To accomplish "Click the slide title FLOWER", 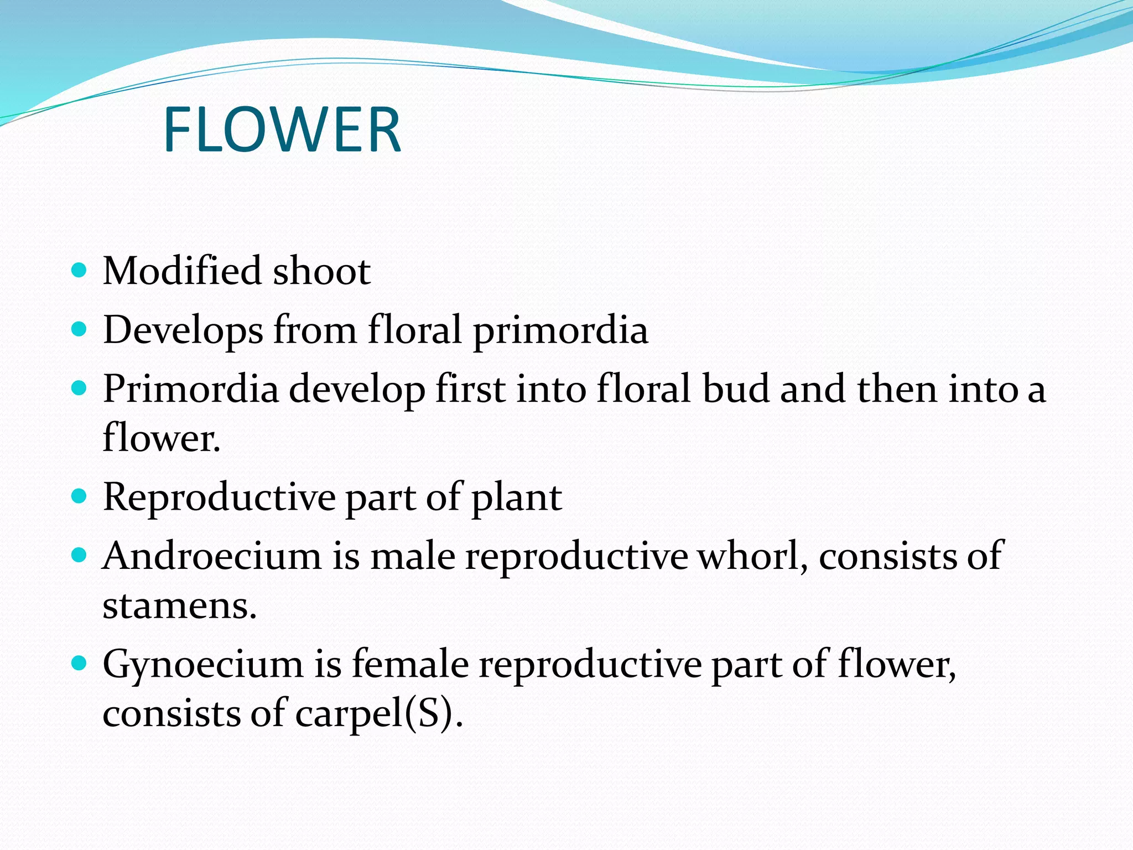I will click(282, 131).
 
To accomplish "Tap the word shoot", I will click(321, 271).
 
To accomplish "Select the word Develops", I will click(183, 331).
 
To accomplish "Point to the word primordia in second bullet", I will click(560, 331).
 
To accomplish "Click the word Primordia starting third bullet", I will click(191, 390).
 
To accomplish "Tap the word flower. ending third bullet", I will click(162, 437).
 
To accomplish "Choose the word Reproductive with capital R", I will click(219, 497).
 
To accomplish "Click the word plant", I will click(516, 498).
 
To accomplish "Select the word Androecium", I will click(212, 556).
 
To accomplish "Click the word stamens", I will click(179, 606).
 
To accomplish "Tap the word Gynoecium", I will click(202, 664).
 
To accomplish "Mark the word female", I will click(410, 664).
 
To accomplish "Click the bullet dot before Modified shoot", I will click(80, 271).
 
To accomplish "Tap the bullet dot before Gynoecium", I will click(80, 662).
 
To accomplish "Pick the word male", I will click(413, 556).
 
